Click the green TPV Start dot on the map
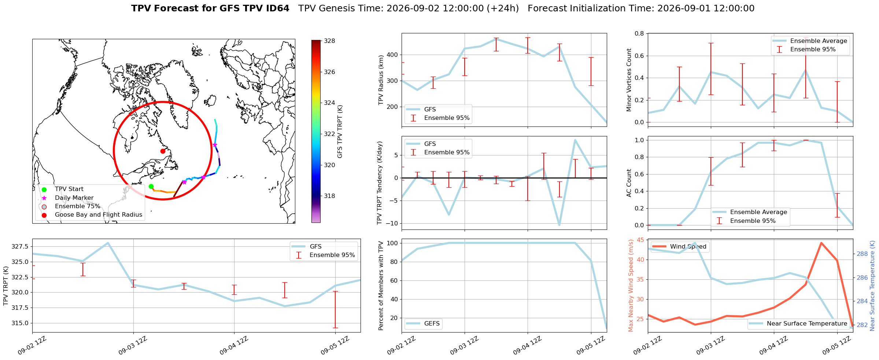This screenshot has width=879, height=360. pyautogui.click(x=151, y=187)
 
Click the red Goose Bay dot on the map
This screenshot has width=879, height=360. pyautogui.click(x=163, y=151)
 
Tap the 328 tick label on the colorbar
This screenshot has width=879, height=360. pyautogui.click(x=330, y=41)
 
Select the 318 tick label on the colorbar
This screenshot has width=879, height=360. pyautogui.click(x=330, y=196)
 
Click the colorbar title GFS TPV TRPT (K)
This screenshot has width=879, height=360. pyautogui.click(x=340, y=132)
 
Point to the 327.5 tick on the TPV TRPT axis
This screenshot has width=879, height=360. pyautogui.click(x=21, y=247)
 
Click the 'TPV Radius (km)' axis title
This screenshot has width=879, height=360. pyautogui.click(x=381, y=80)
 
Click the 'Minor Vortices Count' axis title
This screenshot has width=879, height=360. pyautogui.click(x=629, y=80)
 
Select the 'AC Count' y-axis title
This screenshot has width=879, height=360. pyautogui.click(x=629, y=183)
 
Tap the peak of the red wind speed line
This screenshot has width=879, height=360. pyautogui.click(x=821, y=243)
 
